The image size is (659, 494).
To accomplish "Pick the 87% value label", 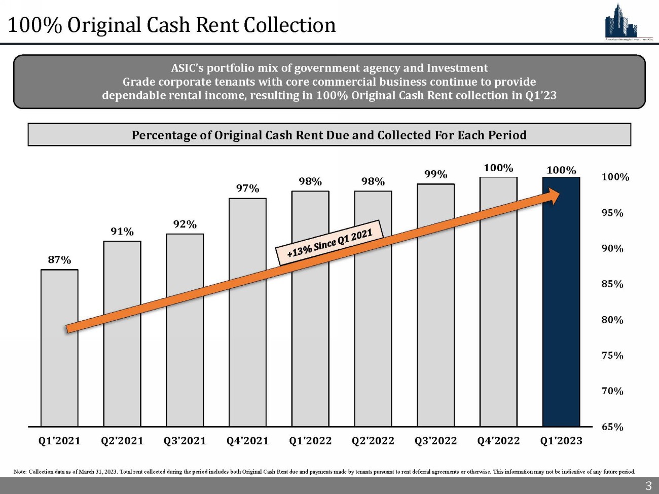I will pos(59,260).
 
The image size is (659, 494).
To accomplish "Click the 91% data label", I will pos(122,232).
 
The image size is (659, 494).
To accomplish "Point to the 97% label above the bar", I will pos(247,188).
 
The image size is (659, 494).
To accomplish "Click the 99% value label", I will pos(435,174).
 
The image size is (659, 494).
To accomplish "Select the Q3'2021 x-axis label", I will pos(185,441).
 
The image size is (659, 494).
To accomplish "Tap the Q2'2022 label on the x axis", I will pos(373,441).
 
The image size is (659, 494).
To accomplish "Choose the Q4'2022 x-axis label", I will pos(498,441).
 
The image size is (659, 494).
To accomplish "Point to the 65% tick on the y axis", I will pos(612,427).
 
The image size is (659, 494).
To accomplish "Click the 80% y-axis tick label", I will pos(612,320).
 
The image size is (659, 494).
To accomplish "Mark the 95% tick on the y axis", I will pos(612,213).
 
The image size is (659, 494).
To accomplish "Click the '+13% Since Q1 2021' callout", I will pos(329,242).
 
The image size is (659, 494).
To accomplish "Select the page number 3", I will pos(648,486).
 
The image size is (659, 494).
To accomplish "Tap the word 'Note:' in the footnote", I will pos(20,472).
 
